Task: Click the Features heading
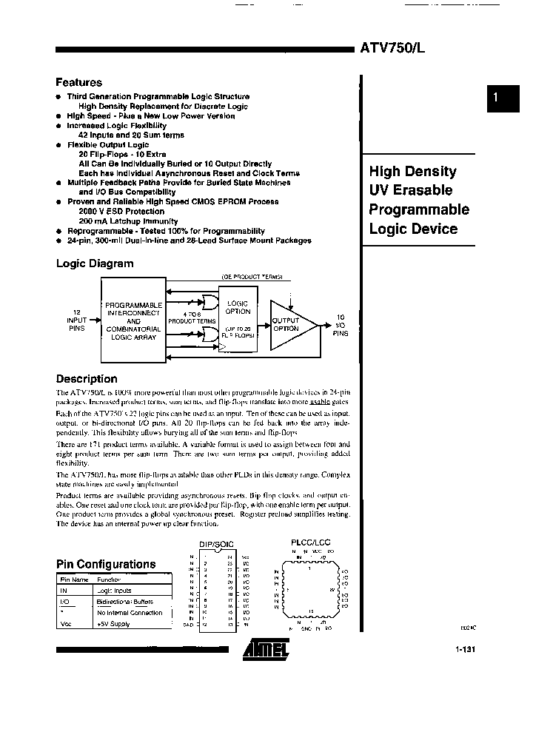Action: click(79, 83)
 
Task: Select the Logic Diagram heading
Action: click(95, 263)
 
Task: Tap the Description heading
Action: click(87, 378)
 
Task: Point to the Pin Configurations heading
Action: click(106, 564)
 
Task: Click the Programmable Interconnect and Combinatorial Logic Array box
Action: click(133, 320)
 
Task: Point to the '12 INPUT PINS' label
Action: click(77, 319)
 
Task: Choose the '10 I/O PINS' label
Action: click(340, 324)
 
